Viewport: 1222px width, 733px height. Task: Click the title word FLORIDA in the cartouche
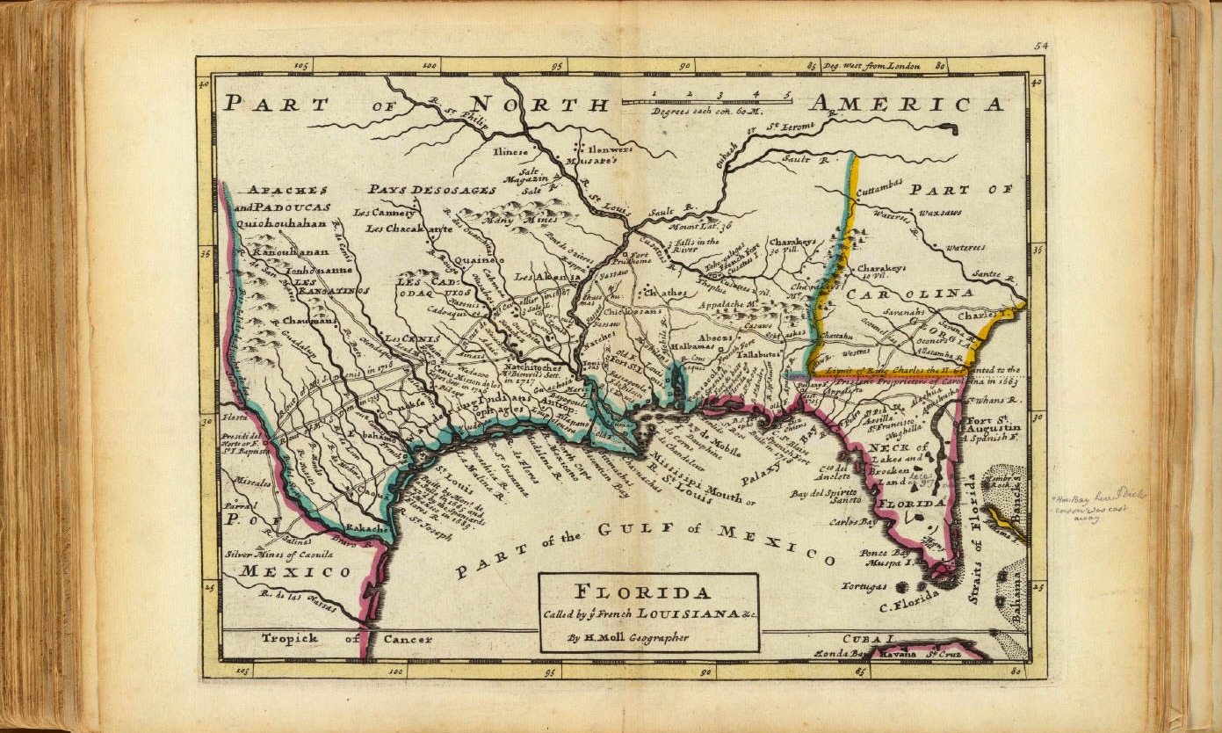coord(648,591)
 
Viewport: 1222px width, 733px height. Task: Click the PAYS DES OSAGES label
coord(432,190)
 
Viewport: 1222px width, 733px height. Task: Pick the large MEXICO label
coord(296,571)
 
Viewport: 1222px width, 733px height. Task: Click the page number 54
coord(1042,46)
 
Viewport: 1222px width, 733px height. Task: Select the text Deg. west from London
coord(871,66)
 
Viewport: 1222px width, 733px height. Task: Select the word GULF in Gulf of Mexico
coord(645,529)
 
